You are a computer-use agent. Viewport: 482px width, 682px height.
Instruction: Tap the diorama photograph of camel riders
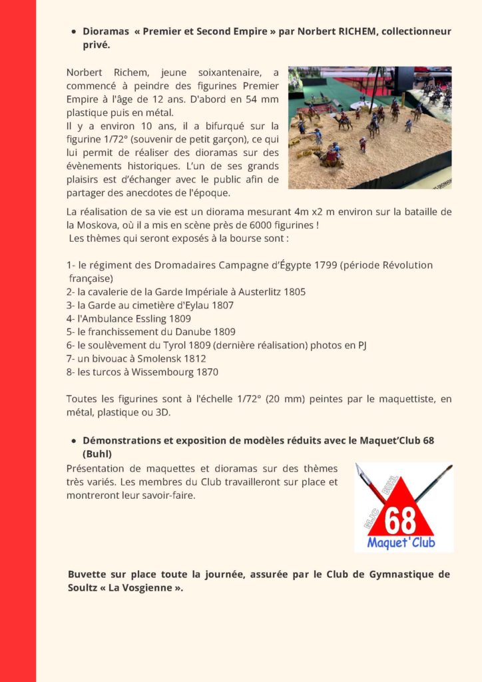(369, 127)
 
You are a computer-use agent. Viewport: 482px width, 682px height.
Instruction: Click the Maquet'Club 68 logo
(403, 507)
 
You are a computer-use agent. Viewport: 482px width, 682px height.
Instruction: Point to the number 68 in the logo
(401, 521)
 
